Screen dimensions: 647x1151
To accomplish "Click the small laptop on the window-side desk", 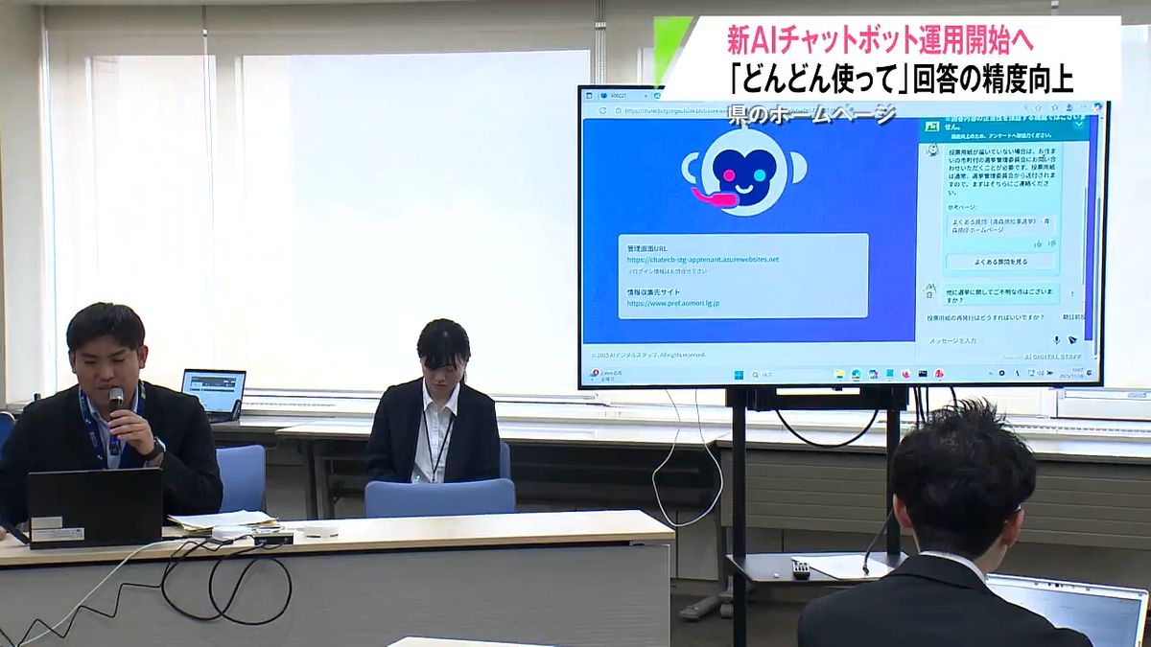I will coord(213,391).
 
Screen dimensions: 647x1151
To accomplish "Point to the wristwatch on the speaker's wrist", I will coord(154,449).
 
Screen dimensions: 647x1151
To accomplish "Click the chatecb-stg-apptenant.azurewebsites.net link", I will coord(702,259).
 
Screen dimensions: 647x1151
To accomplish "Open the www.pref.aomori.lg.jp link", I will coord(673,303).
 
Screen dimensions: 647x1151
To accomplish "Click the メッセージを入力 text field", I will coord(978,340).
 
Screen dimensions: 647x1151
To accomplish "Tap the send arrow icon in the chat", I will coord(1072,340).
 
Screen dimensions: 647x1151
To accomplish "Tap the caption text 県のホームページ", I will coord(810,114).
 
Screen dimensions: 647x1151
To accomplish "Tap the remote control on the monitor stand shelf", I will coord(799,569).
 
